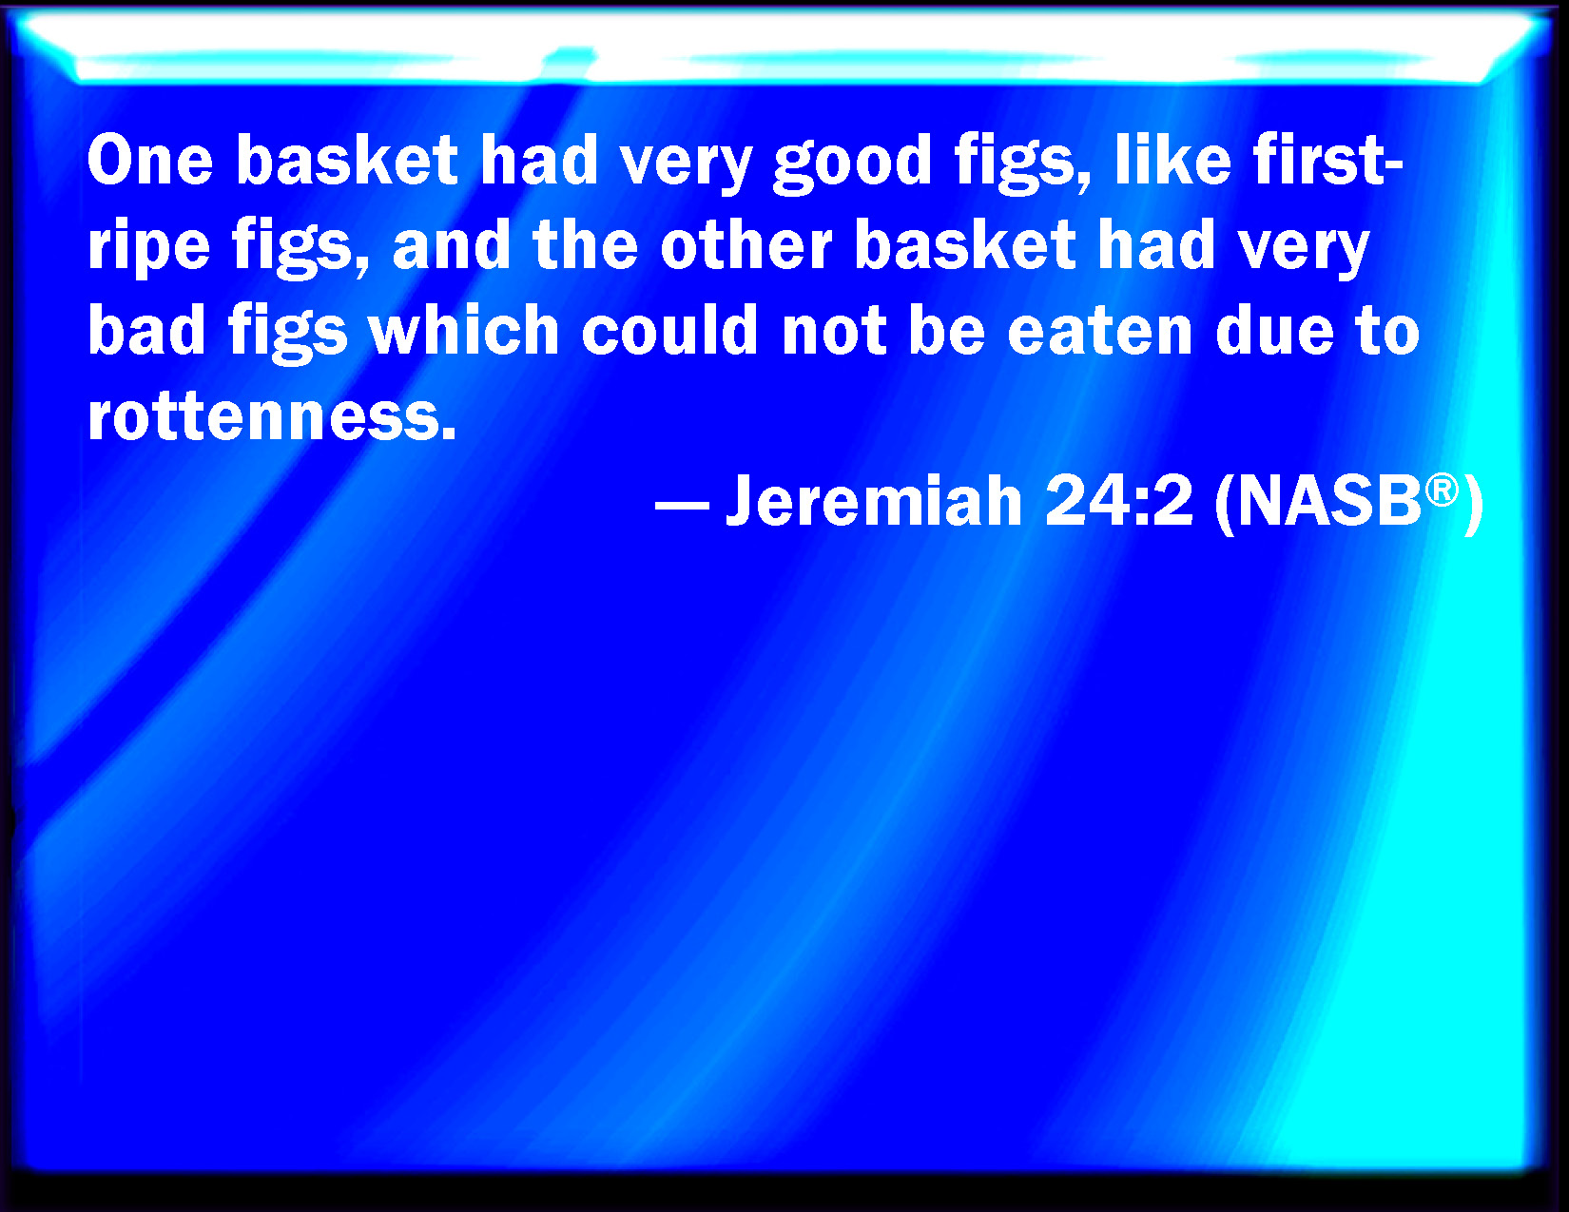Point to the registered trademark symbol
tap(1442, 490)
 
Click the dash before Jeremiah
tap(682, 504)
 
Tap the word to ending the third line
tap(1388, 332)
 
